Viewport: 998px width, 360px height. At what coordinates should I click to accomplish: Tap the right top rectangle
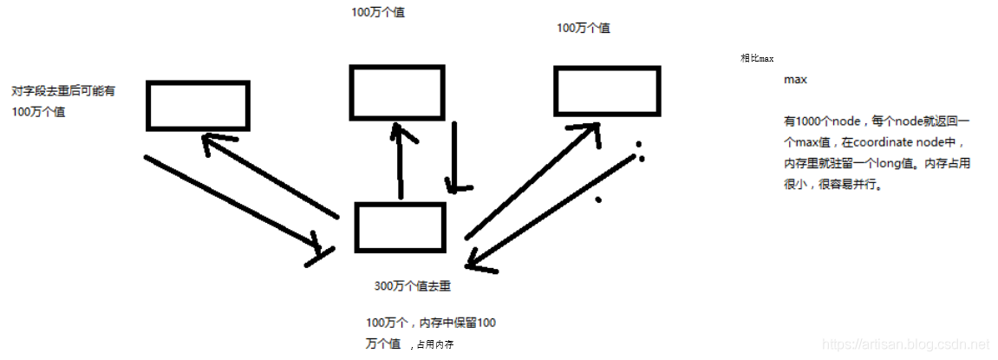608,92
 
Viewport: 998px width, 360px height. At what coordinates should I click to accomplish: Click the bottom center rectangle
400,227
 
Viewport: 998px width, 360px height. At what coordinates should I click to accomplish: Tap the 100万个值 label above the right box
583,28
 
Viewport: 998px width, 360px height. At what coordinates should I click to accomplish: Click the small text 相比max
756,58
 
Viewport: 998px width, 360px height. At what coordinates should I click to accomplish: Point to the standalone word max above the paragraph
795,80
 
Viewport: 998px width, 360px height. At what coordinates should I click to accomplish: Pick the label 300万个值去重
412,286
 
